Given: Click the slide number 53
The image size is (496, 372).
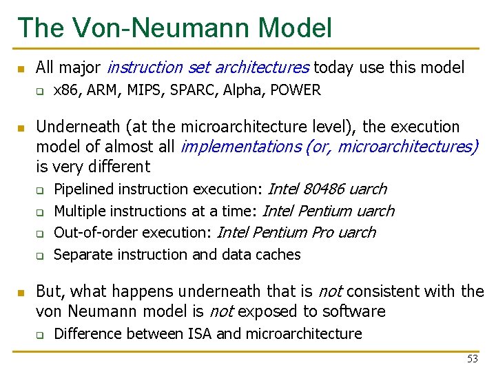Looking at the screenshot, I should [x=472, y=359].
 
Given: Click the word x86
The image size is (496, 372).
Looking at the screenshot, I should [x=65, y=90].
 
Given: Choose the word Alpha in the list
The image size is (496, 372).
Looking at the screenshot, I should [x=244, y=90].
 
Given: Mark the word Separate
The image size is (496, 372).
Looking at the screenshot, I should [x=79, y=255].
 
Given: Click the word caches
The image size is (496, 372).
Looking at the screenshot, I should [x=279, y=255].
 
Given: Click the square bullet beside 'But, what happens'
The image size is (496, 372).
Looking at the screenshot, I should [x=21, y=292].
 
